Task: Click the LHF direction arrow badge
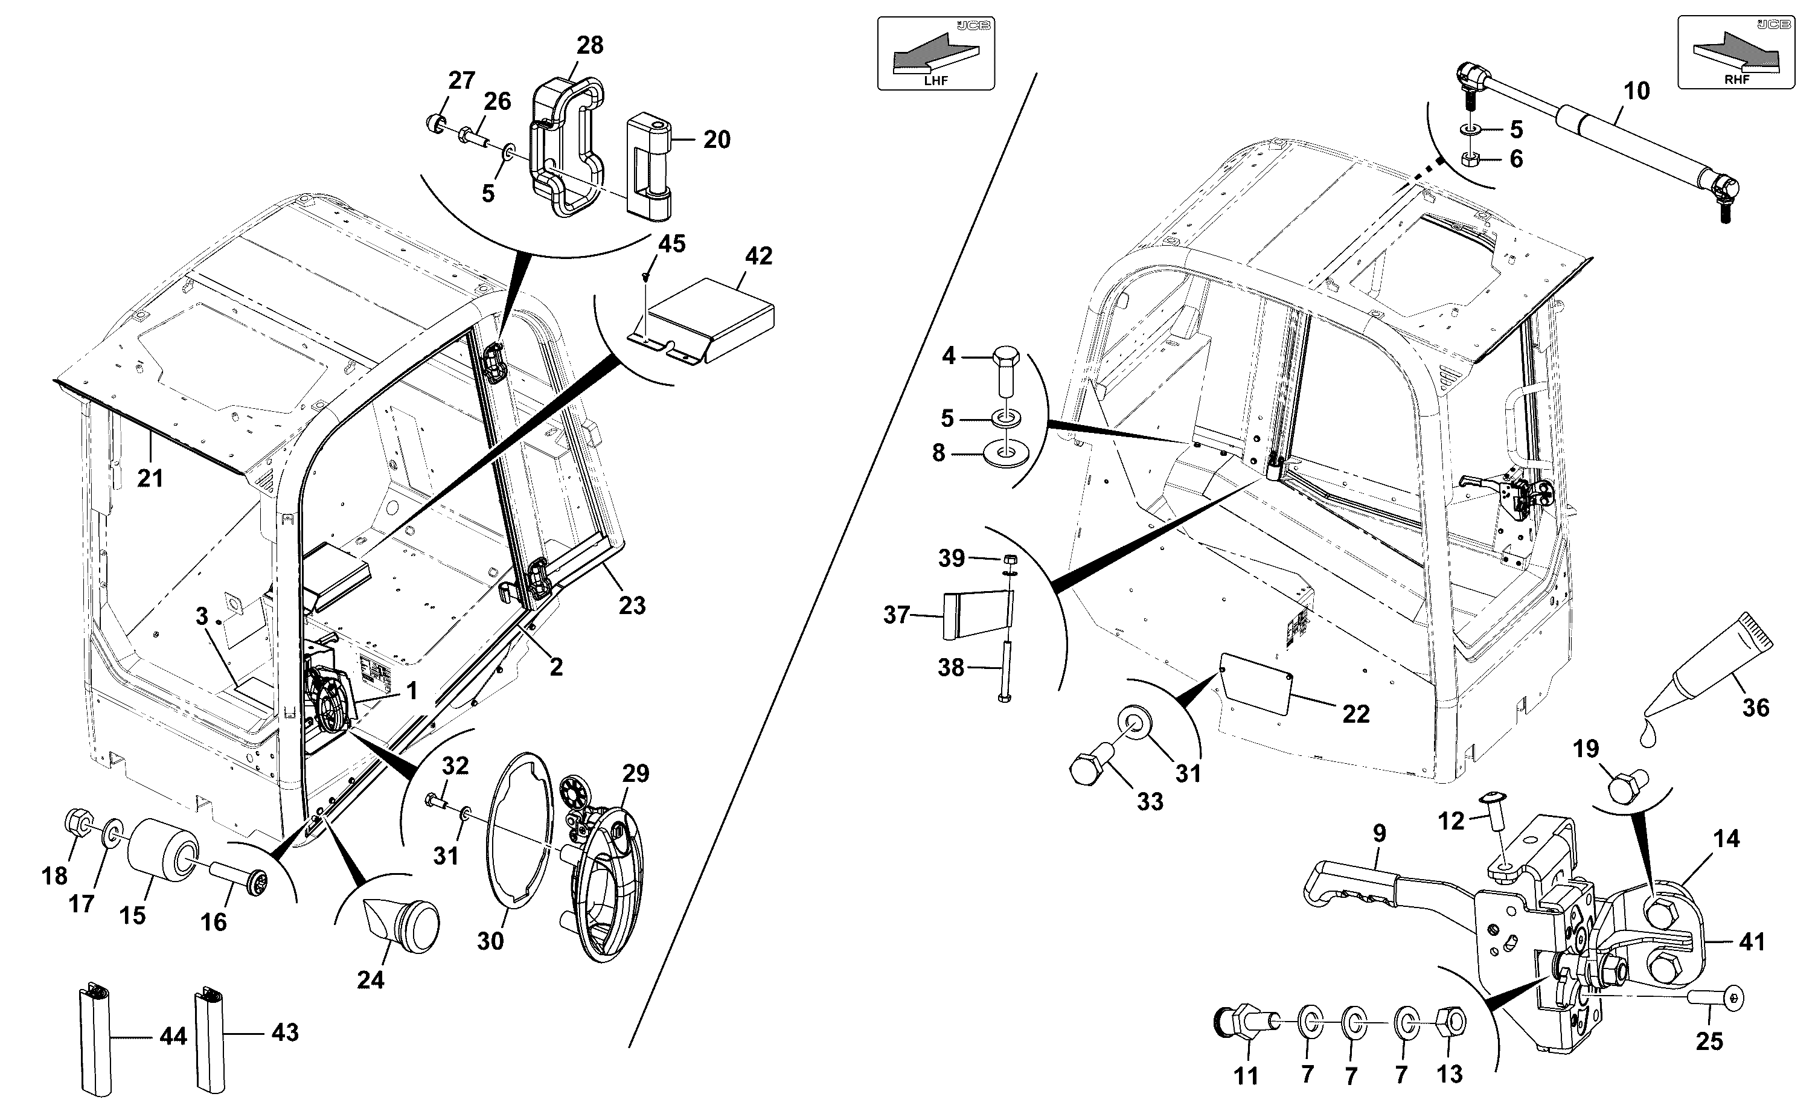point(935,54)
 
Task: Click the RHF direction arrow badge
point(1735,53)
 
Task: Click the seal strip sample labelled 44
point(95,1040)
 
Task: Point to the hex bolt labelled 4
point(1002,373)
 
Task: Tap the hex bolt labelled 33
point(1092,768)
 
